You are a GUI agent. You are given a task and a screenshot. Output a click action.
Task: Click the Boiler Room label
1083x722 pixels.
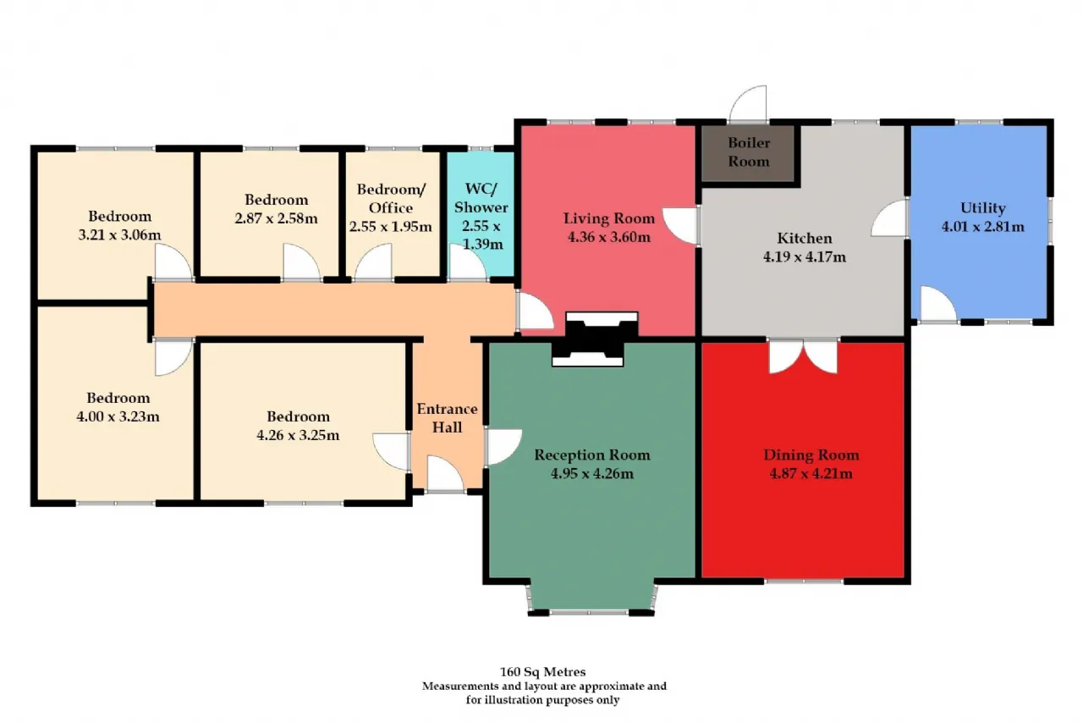pyautogui.click(x=749, y=152)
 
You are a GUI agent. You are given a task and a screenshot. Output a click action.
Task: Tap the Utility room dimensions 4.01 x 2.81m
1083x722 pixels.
pyautogui.click(x=983, y=227)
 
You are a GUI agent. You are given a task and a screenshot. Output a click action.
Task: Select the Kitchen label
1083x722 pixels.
pyautogui.click(x=805, y=238)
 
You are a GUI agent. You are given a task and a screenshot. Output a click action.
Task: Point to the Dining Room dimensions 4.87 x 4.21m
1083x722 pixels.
pyautogui.click(x=811, y=473)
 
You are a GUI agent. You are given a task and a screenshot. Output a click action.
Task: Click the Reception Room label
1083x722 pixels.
pyautogui.click(x=592, y=455)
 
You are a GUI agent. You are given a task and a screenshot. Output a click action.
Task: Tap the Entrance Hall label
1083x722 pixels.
pyautogui.click(x=448, y=418)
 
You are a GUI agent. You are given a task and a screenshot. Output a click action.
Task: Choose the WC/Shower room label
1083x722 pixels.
pyautogui.click(x=481, y=198)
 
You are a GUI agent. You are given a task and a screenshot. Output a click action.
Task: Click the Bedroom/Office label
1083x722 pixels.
pyautogui.click(x=391, y=198)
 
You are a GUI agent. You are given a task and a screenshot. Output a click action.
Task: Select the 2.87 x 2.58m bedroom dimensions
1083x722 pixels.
pyautogui.click(x=276, y=218)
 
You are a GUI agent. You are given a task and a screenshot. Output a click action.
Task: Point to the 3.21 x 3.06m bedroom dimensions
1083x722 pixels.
pyautogui.click(x=119, y=235)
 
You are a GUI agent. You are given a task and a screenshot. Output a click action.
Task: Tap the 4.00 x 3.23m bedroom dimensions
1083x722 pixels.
pyautogui.click(x=118, y=416)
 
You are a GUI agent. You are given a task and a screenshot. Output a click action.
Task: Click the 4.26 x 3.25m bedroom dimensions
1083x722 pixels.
pyautogui.click(x=298, y=435)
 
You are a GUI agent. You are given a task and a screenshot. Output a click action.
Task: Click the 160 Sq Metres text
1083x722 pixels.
pyautogui.click(x=543, y=672)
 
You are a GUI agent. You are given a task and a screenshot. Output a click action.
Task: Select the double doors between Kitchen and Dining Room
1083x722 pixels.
pyautogui.click(x=803, y=356)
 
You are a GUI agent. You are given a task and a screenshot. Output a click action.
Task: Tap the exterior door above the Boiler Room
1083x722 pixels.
pyautogui.click(x=748, y=103)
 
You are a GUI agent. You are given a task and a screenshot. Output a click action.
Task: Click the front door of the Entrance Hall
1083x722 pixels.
pyautogui.click(x=445, y=474)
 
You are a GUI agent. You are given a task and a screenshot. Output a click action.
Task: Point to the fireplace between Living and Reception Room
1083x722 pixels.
pyautogui.click(x=595, y=339)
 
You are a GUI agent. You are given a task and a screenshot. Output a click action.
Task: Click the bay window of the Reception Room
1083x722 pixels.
pyautogui.click(x=591, y=599)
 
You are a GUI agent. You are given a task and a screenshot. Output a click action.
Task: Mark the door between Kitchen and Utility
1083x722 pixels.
pyautogui.click(x=890, y=218)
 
